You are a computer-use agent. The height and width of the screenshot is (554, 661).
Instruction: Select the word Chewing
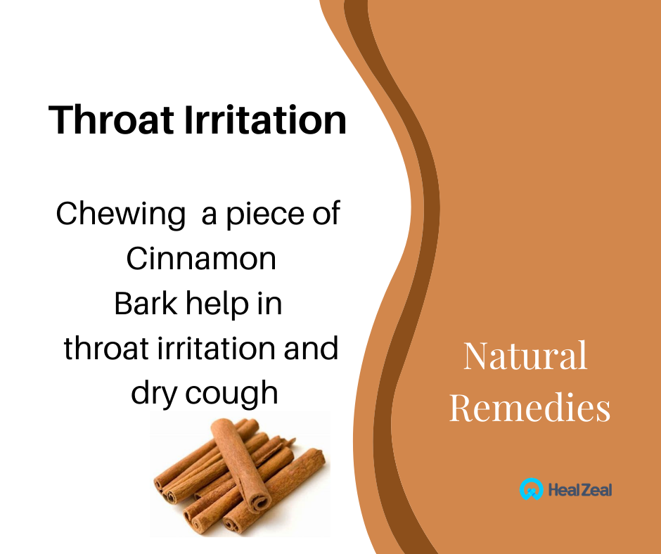(x=120, y=214)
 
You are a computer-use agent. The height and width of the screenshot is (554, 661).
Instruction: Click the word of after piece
(x=326, y=213)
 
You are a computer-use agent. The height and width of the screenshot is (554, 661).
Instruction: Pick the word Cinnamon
(x=201, y=259)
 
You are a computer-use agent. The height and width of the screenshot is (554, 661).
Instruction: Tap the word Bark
(x=146, y=303)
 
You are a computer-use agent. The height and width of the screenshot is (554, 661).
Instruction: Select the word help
(x=217, y=304)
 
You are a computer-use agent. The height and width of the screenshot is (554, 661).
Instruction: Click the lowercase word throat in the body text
(x=106, y=348)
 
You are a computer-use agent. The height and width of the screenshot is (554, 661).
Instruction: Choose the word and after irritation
(x=311, y=348)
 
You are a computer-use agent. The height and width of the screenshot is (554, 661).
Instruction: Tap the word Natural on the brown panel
(x=525, y=356)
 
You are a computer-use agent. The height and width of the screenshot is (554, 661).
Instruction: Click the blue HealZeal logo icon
(x=531, y=489)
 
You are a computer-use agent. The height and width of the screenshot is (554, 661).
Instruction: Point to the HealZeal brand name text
(x=579, y=490)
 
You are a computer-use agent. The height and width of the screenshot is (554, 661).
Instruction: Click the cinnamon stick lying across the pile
(x=240, y=465)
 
